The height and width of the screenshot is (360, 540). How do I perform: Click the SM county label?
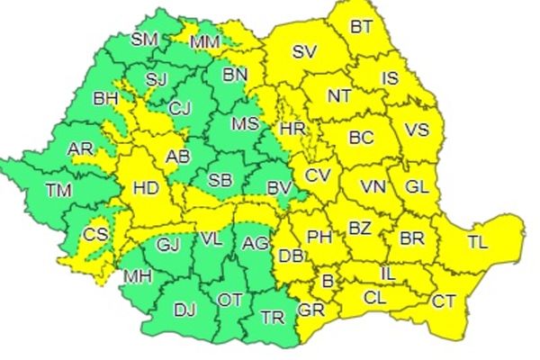click(x=144, y=39)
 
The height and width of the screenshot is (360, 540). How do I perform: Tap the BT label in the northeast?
click(x=361, y=27)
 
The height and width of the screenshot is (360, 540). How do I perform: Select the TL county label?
click(x=478, y=240)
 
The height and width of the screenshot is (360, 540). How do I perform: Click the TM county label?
click(x=60, y=190)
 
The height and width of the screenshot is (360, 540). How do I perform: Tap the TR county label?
click(x=272, y=317)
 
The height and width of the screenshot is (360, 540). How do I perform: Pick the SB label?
click(x=220, y=180)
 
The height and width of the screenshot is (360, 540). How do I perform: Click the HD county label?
click(x=145, y=188)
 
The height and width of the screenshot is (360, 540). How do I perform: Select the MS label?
click(x=245, y=123)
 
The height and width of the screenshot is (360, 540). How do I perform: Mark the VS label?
click(x=417, y=130)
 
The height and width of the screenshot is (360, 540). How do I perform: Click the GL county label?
click(x=417, y=186)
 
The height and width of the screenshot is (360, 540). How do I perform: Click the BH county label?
click(x=105, y=99)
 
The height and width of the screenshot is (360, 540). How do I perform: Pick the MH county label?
click(x=138, y=275)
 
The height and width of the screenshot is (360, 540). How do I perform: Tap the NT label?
click(x=339, y=94)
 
